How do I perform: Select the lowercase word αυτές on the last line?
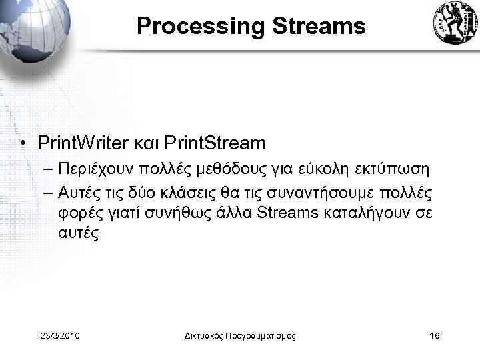coord(78,234)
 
